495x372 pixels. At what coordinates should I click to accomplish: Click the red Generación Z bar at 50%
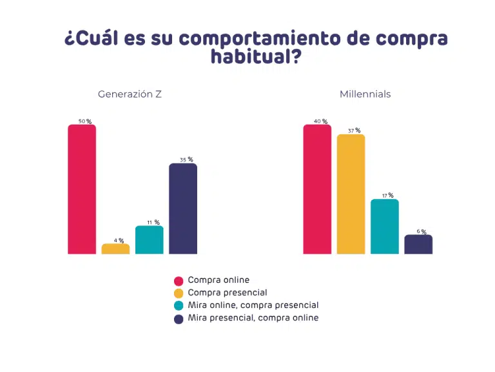(82, 189)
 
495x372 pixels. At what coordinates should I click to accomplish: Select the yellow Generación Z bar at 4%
(115, 249)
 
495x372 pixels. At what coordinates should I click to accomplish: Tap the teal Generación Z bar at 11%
(150, 240)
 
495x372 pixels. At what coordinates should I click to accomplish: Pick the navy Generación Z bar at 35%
(183, 209)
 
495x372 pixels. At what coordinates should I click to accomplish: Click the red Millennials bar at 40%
(317, 189)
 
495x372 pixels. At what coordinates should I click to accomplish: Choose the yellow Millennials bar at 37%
(351, 194)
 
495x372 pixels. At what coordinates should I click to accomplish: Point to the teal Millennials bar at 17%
(385, 227)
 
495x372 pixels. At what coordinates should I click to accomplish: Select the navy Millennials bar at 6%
(418, 244)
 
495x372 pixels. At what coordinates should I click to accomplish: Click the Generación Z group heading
(130, 94)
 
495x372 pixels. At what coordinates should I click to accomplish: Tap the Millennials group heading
(365, 94)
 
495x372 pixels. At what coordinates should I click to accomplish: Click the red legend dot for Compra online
(179, 281)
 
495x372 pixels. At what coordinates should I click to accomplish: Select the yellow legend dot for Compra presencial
(179, 294)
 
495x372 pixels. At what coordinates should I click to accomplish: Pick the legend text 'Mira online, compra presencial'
(253, 305)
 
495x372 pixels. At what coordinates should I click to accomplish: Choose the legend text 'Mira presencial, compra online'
(253, 318)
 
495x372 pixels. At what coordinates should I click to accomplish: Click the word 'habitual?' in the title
(256, 57)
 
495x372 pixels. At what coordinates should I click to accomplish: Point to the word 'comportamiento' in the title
(260, 39)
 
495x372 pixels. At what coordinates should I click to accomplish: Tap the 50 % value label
(85, 121)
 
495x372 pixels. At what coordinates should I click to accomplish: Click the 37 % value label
(354, 130)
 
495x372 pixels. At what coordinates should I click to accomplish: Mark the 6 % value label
(422, 232)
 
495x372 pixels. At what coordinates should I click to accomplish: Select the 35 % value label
(186, 160)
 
